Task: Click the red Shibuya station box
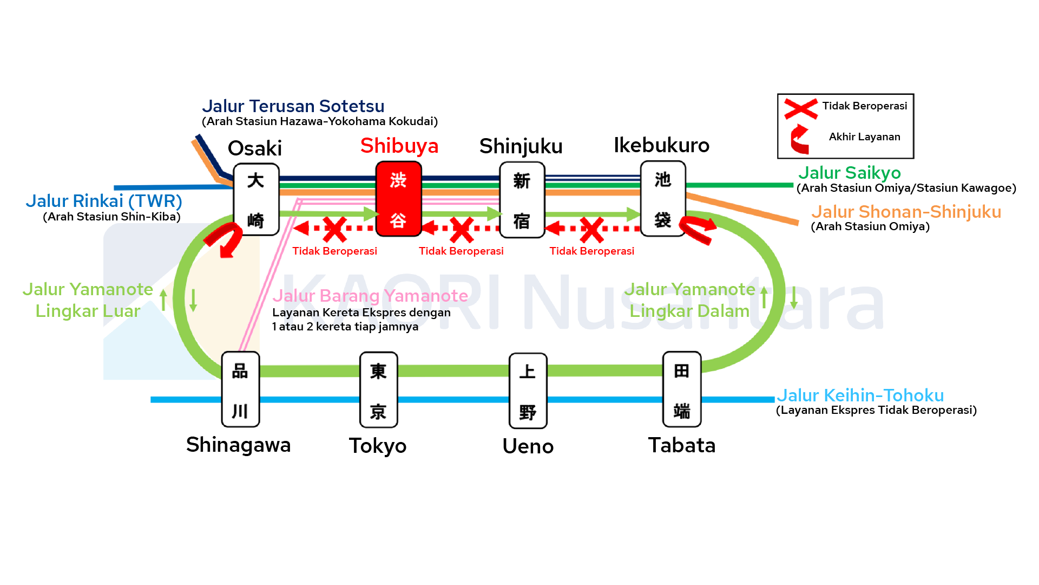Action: (x=399, y=199)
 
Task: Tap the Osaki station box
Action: (x=256, y=199)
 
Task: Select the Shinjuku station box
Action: (x=522, y=199)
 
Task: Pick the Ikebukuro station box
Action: (x=663, y=198)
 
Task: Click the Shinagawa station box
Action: (x=240, y=389)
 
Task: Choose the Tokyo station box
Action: (x=378, y=390)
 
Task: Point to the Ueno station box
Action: (x=528, y=391)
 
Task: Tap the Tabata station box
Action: (x=682, y=389)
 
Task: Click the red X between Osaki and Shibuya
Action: (x=334, y=229)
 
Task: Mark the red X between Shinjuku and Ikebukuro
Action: (x=591, y=230)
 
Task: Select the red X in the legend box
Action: (x=801, y=108)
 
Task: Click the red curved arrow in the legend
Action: (x=800, y=139)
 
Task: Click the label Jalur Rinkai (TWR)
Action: (x=104, y=201)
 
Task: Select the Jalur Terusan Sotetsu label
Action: (x=293, y=106)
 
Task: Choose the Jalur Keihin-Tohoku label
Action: (x=860, y=395)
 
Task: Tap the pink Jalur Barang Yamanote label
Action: (x=370, y=296)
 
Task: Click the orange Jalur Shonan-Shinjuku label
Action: (x=906, y=212)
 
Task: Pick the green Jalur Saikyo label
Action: (x=849, y=173)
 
